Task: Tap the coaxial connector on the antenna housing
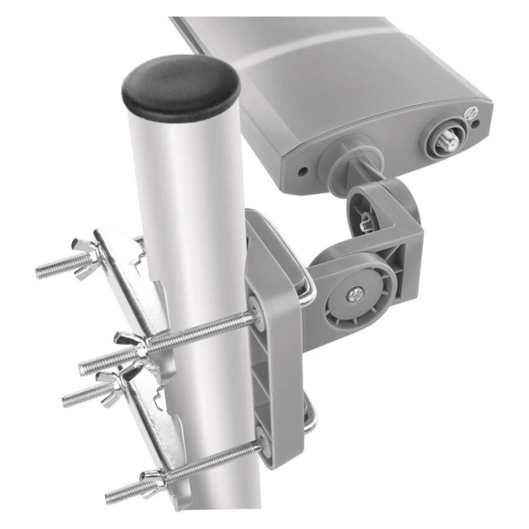[x=442, y=142]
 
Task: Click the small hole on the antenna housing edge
[x=302, y=171]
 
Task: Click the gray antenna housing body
[x=357, y=86]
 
